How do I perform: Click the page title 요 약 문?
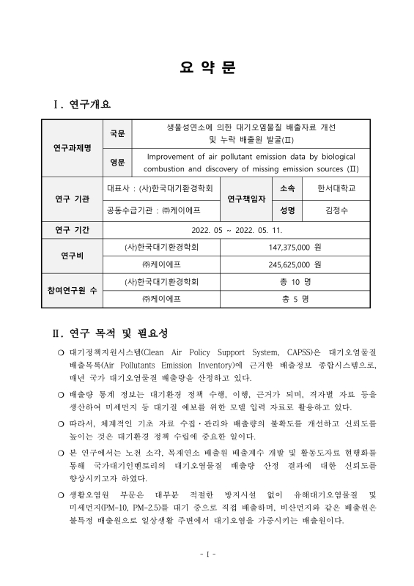tap(207, 68)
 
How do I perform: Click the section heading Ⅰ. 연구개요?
tap(82, 106)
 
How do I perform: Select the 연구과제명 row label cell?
tap(73, 147)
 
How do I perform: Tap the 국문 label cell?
tap(117, 133)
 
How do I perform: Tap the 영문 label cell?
tap(117, 162)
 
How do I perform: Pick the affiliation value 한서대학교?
tap(336, 188)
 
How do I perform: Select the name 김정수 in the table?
tap(336, 210)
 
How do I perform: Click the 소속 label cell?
tap(287, 188)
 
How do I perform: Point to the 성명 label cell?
tap(287, 210)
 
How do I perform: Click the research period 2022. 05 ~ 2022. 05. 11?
tap(231, 230)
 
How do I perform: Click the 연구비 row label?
tap(73, 256)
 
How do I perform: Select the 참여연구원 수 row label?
tap(73, 290)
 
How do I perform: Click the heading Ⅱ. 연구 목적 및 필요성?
tap(111, 334)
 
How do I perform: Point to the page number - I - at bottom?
tap(207, 554)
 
